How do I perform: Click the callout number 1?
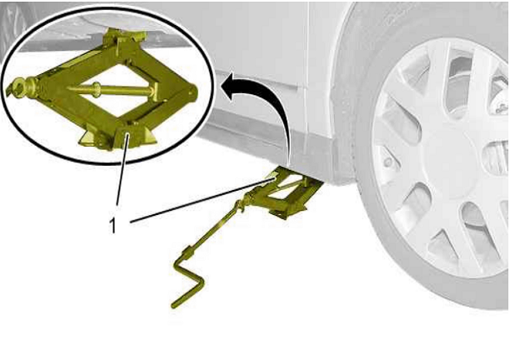(112, 225)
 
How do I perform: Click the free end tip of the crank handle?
(173, 306)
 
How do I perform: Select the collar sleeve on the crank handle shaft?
(187, 252)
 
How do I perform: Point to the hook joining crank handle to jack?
(241, 206)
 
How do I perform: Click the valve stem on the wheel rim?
(387, 162)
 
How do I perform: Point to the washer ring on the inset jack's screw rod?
(97, 88)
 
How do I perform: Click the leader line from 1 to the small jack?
(202, 199)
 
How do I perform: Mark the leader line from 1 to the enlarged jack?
(122, 170)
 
